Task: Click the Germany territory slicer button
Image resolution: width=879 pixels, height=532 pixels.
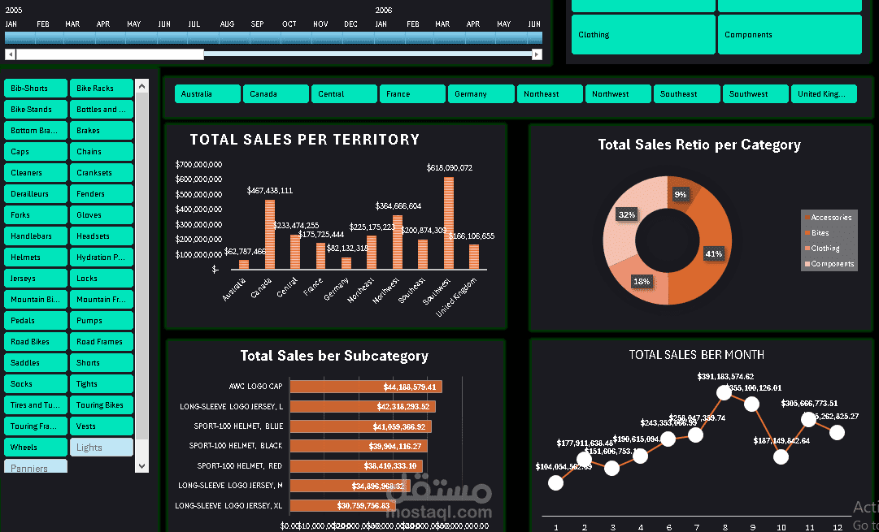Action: [x=481, y=94]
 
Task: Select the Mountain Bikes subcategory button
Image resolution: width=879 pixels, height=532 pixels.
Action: [x=35, y=300]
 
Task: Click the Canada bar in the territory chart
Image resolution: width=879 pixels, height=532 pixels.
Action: [x=270, y=235]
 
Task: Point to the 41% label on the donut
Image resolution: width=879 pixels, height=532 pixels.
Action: [x=713, y=253]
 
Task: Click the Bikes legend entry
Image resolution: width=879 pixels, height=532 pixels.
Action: [x=820, y=233]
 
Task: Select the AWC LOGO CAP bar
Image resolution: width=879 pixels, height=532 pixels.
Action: [x=366, y=387]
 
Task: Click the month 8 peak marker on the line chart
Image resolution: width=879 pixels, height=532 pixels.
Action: [x=724, y=392]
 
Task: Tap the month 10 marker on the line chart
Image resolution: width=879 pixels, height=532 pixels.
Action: [x=781, y=456]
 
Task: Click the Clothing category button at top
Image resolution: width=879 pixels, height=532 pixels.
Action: [x=642, y=35]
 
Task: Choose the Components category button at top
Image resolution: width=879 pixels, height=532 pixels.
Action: [x=789, y=35]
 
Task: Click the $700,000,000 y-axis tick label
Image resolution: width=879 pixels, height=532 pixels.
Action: [x=198, y=165]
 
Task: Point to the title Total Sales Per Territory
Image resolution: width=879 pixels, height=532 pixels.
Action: [x=304, y=140]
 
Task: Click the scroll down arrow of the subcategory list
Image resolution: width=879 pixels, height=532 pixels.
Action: [x=142, y=466]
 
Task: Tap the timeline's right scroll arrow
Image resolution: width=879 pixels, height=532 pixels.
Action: [x=537, y=54]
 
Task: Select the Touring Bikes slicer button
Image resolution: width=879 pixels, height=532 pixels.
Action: [x=101, y=405]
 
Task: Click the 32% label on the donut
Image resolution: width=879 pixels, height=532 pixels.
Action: [x=626, y=215]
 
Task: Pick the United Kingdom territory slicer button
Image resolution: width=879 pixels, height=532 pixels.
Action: [x=824, y=94]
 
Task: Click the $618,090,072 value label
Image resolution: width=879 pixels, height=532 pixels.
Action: [x=449, y=168]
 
